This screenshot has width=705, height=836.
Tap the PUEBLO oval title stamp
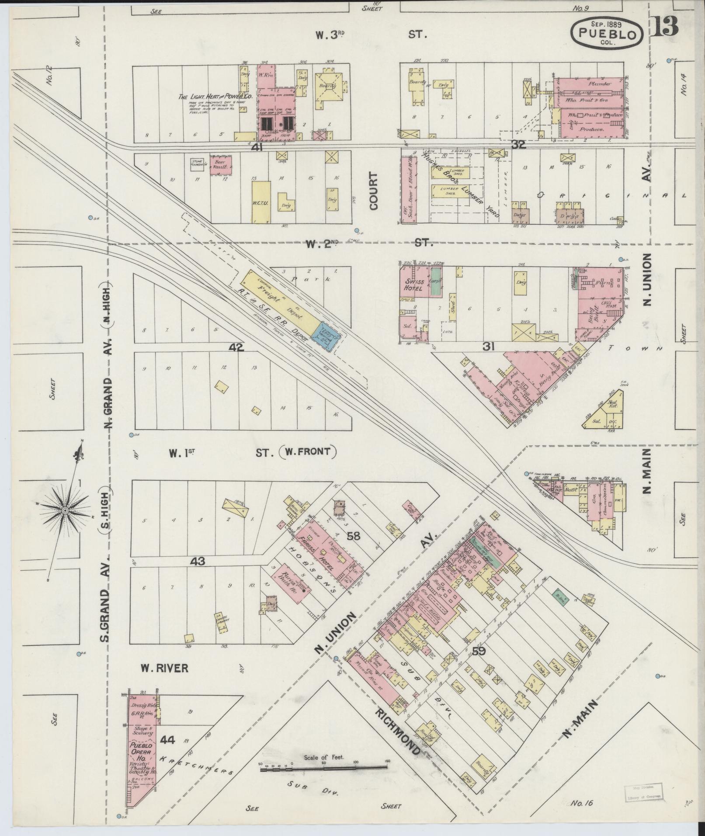[x=608, y=33]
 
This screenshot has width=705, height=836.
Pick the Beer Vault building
[x=221, y=167]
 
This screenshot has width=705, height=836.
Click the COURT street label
[x=375, y=197]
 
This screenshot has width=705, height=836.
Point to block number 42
[x=236, y=347]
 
